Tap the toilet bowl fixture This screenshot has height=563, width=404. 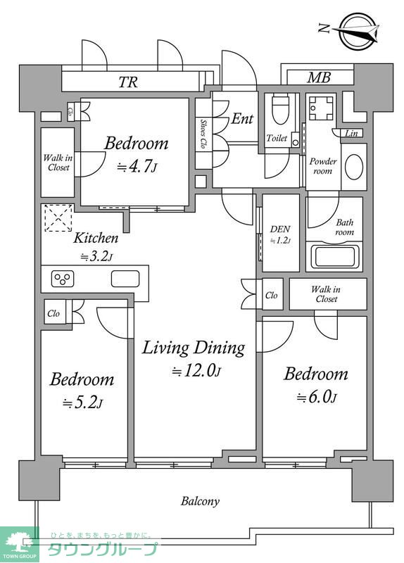(280, 108)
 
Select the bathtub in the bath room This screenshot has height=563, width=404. (334, 256)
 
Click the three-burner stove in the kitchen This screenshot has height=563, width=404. (63, 279)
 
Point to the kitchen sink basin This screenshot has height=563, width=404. (125, 279)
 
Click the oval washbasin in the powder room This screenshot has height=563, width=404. (354, 167)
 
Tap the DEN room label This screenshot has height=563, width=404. (280, 229)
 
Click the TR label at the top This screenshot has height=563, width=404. (128, 82)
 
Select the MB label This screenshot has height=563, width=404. (319, 77)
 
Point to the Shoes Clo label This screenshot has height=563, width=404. (203, 134)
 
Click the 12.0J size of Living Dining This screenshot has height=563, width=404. (196, 370)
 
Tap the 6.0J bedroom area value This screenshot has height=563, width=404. (317, 397)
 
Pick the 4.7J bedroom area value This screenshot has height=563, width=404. (137, 167)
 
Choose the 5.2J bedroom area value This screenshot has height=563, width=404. (82, 403)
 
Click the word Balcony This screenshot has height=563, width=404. (200, 501)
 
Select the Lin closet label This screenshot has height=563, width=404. (351, 133)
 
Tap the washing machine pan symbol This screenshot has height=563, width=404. (321, 109)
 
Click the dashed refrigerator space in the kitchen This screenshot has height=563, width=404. (58, 218)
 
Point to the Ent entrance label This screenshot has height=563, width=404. (242, 118)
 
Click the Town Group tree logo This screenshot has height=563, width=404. (18, 542)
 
